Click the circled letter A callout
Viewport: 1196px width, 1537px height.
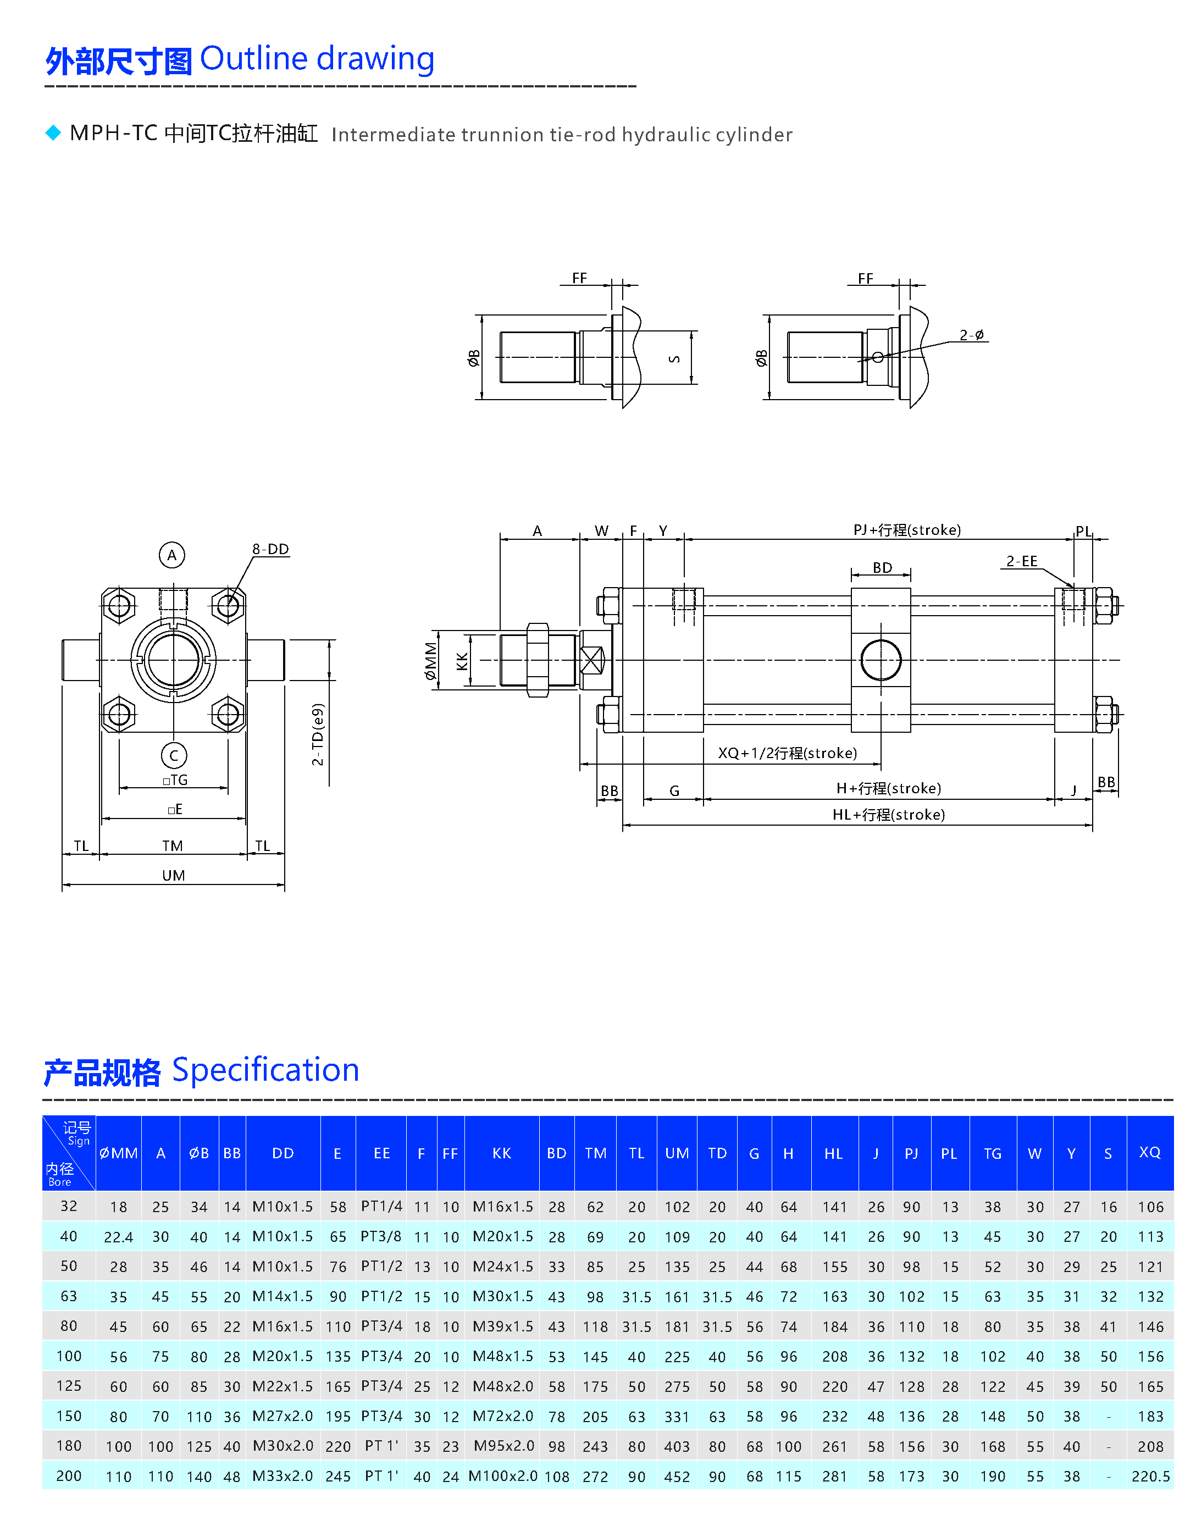(171, 555)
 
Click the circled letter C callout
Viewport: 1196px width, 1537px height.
(174, 756)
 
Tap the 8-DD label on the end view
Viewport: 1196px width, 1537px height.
(271, 549)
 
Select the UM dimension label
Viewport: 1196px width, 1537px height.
(174, 876)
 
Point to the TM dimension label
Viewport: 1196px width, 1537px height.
(173, 846)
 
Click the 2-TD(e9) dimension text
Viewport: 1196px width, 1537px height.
(318, 734)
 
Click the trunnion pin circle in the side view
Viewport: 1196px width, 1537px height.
(881, 660)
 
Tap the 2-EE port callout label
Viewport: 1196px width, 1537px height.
(1022, 561)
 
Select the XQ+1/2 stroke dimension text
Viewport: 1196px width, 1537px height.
(787, 753)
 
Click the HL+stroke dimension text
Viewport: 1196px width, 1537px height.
(889, 815)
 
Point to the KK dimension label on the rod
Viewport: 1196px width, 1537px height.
(462, 661)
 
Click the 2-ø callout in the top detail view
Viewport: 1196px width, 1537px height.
(972, 335)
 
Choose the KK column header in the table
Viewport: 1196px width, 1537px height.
(502, 1153)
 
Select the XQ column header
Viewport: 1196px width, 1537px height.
(1150, 1152)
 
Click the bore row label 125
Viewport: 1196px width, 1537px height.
(69, 1386)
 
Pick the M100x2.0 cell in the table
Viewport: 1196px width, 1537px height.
(503, 1476)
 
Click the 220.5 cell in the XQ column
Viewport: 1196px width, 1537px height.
(1150, 1477)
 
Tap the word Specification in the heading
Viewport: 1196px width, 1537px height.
(265, 1070)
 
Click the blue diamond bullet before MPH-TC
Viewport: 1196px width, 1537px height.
(53, 132)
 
